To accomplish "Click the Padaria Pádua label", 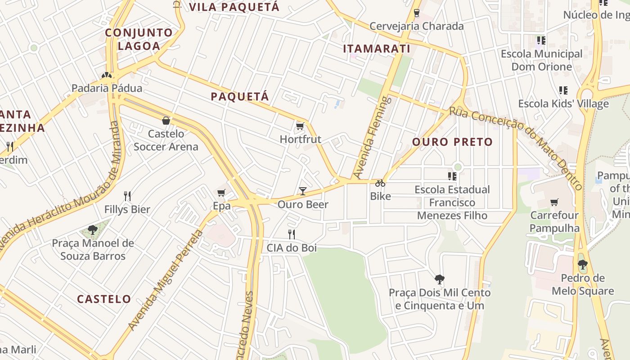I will click(x=107, y=88).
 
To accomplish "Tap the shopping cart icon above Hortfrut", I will click(x=300, y=126).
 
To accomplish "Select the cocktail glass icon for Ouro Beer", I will click(x=303, y=191).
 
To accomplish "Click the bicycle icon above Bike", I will click(x=380, y=183).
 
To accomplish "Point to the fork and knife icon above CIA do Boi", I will click(x=292, y=234).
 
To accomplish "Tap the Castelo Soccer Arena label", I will click(x=166, y=140).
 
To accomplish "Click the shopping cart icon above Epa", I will click(x=221, y=193).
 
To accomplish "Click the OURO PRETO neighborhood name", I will click(x=452, y=142).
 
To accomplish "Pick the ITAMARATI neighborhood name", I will click(x=377, y=49).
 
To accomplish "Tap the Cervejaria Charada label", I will click(x=416, y=26).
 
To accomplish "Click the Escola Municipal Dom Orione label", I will click(x=541, y=60).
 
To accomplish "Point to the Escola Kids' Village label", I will click(x=563, y=103).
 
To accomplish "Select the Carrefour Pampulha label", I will click(x=554, y=221).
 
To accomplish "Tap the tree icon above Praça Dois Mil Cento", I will click(x=439, y=279).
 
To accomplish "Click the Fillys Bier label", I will click(x=127, y=209).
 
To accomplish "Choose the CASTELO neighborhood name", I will click(x=104, y=299).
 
